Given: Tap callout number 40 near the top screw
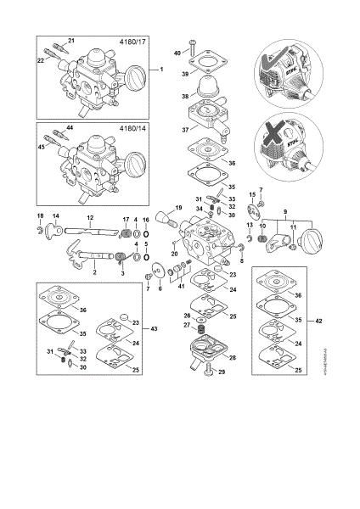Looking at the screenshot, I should (177, 53).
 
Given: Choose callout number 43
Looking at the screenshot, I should (153, 328).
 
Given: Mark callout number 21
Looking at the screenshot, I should (71, 41).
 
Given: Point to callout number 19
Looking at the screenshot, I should (178, 208).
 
